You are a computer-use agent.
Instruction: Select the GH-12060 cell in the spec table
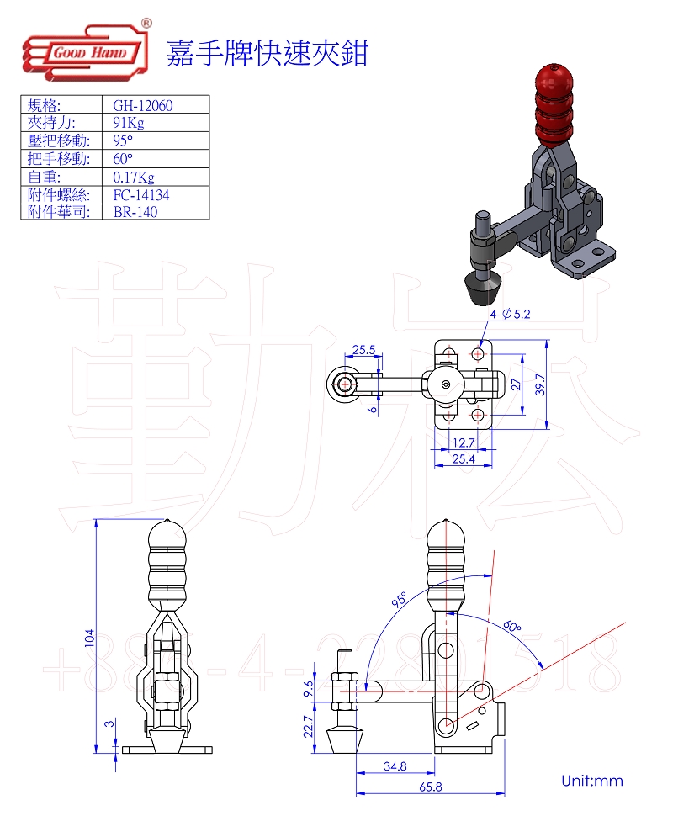pos(148,105)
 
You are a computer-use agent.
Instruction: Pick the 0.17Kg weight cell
pos(134,177)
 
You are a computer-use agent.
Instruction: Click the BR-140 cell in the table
pos(135,212)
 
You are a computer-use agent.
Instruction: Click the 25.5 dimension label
pos(363,350)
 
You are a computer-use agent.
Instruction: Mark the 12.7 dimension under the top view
pos(463,442)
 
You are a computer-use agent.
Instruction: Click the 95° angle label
pos(399,599)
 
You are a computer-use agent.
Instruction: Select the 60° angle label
pos(512,627)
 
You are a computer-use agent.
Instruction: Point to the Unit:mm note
pos(592,781)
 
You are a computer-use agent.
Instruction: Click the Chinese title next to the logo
pos(268,52)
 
